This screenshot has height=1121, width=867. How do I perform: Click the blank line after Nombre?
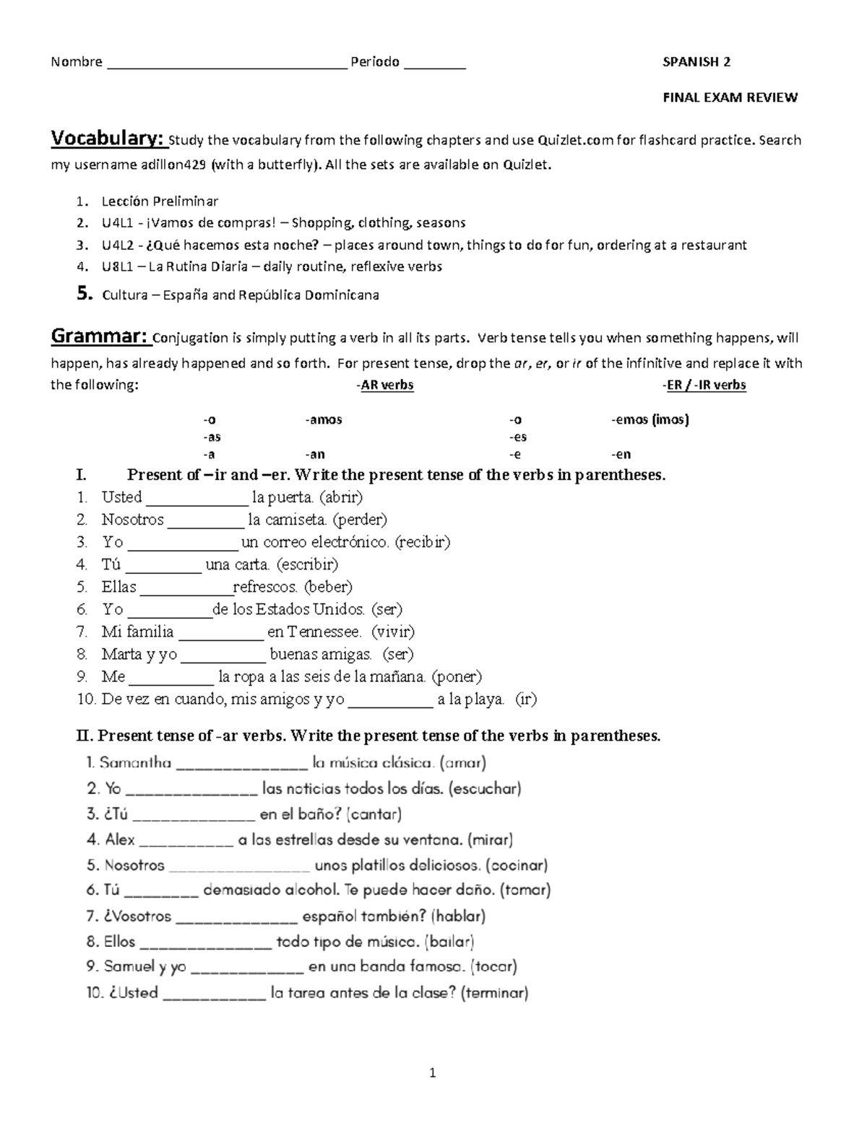tap(227, 64)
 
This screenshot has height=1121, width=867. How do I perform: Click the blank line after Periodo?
tap(435, 64)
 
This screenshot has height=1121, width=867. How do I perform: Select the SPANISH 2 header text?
tap(696, 62)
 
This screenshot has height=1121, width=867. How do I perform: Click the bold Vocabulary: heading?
tap(109, 138)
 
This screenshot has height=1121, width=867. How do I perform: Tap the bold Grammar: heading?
tap(100, 336)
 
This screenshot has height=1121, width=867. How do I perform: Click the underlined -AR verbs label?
tap(386, 385)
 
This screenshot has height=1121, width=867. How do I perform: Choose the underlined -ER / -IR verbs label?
tap(704, 385)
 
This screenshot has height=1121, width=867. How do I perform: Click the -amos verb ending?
tap(324, 419)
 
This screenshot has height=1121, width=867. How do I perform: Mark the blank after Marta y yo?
tap(223, 655)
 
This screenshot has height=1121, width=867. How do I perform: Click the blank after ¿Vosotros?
tap(236, 917)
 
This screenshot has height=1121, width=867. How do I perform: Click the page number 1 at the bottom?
tap(433, 1073)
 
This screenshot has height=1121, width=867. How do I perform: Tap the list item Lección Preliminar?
tap(160, 201)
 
